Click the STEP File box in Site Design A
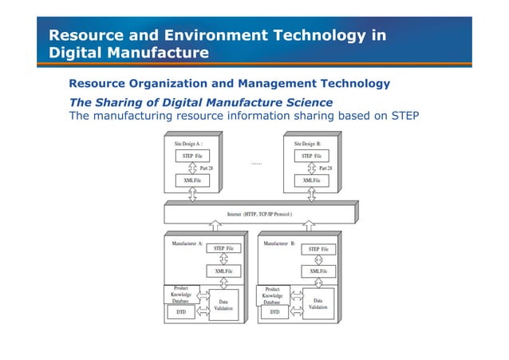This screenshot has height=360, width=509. point(191,155)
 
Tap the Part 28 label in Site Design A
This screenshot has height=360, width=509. point(206,168)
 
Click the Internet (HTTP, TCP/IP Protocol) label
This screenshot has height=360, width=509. point(259,214)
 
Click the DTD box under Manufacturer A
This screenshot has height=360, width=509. point(181,313)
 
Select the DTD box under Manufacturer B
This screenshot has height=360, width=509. point(275,313)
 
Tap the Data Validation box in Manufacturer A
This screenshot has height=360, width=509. point(223,305)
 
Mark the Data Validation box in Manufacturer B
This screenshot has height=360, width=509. point(318,304)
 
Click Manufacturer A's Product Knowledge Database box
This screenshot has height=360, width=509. point(181,295)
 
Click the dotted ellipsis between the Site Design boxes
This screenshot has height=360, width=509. point(256,164)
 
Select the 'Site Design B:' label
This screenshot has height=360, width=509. point(306,143)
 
